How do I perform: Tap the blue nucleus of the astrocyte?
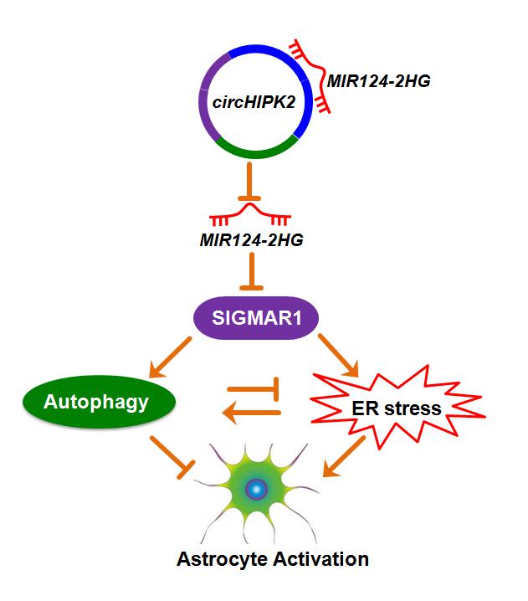(x=258, y=489)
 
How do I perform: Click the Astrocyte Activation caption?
(x=273, y=560)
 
